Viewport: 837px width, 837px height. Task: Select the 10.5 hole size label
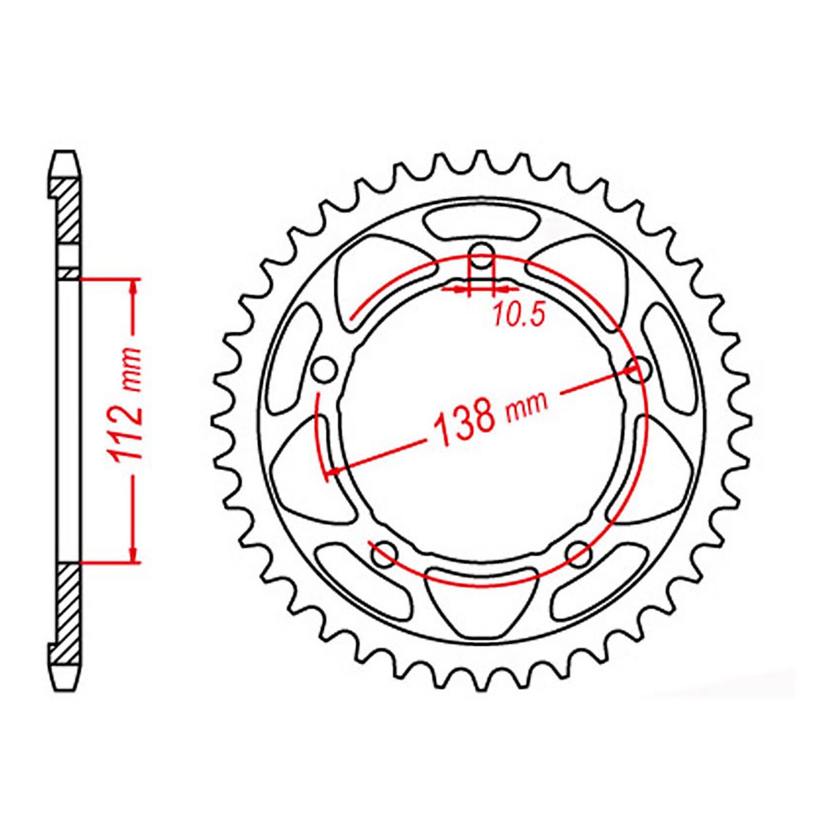[519, 315]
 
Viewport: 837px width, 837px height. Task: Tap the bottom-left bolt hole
[383, 554]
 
